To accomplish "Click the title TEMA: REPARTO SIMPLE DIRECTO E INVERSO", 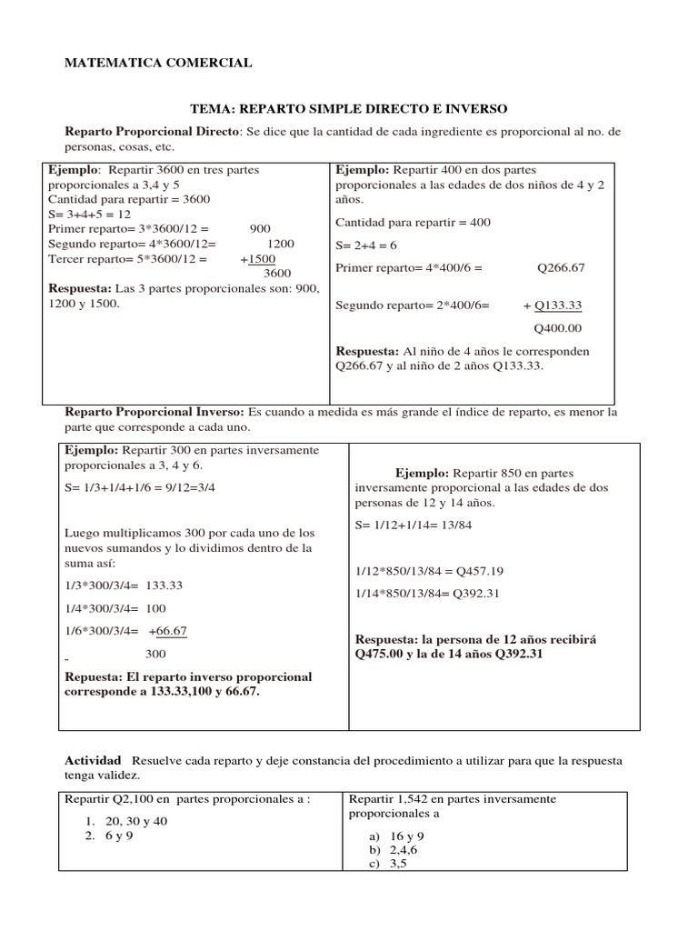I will (x=348, y=108).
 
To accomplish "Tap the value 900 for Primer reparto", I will (x=260, y=229).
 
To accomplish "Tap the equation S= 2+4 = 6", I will (x=366, y=245).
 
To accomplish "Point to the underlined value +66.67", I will (x=167, y=631).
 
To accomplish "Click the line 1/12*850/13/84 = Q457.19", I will (x=429, y=571).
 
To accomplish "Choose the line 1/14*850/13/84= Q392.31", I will (x=427, y=593).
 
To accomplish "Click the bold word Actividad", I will (x=93, y=759).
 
